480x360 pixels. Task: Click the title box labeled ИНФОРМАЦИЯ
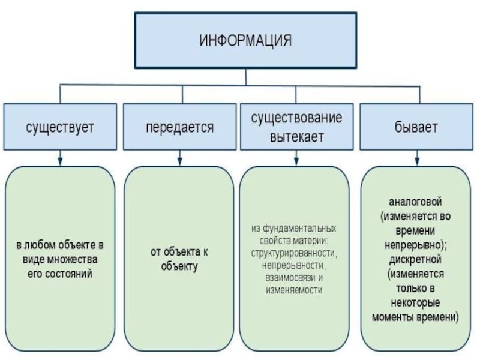pos(245,41)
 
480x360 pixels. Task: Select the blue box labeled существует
pos(60,127)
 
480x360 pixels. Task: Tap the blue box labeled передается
pos(179,127)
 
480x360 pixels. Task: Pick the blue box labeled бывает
pos(415,127)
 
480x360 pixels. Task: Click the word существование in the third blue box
pos(296,118)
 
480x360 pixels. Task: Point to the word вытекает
pos(296,136)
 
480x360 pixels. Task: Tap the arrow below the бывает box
pos(415,158)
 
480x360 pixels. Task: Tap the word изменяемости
pos(294,289)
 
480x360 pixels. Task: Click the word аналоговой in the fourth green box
pos(415,200)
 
